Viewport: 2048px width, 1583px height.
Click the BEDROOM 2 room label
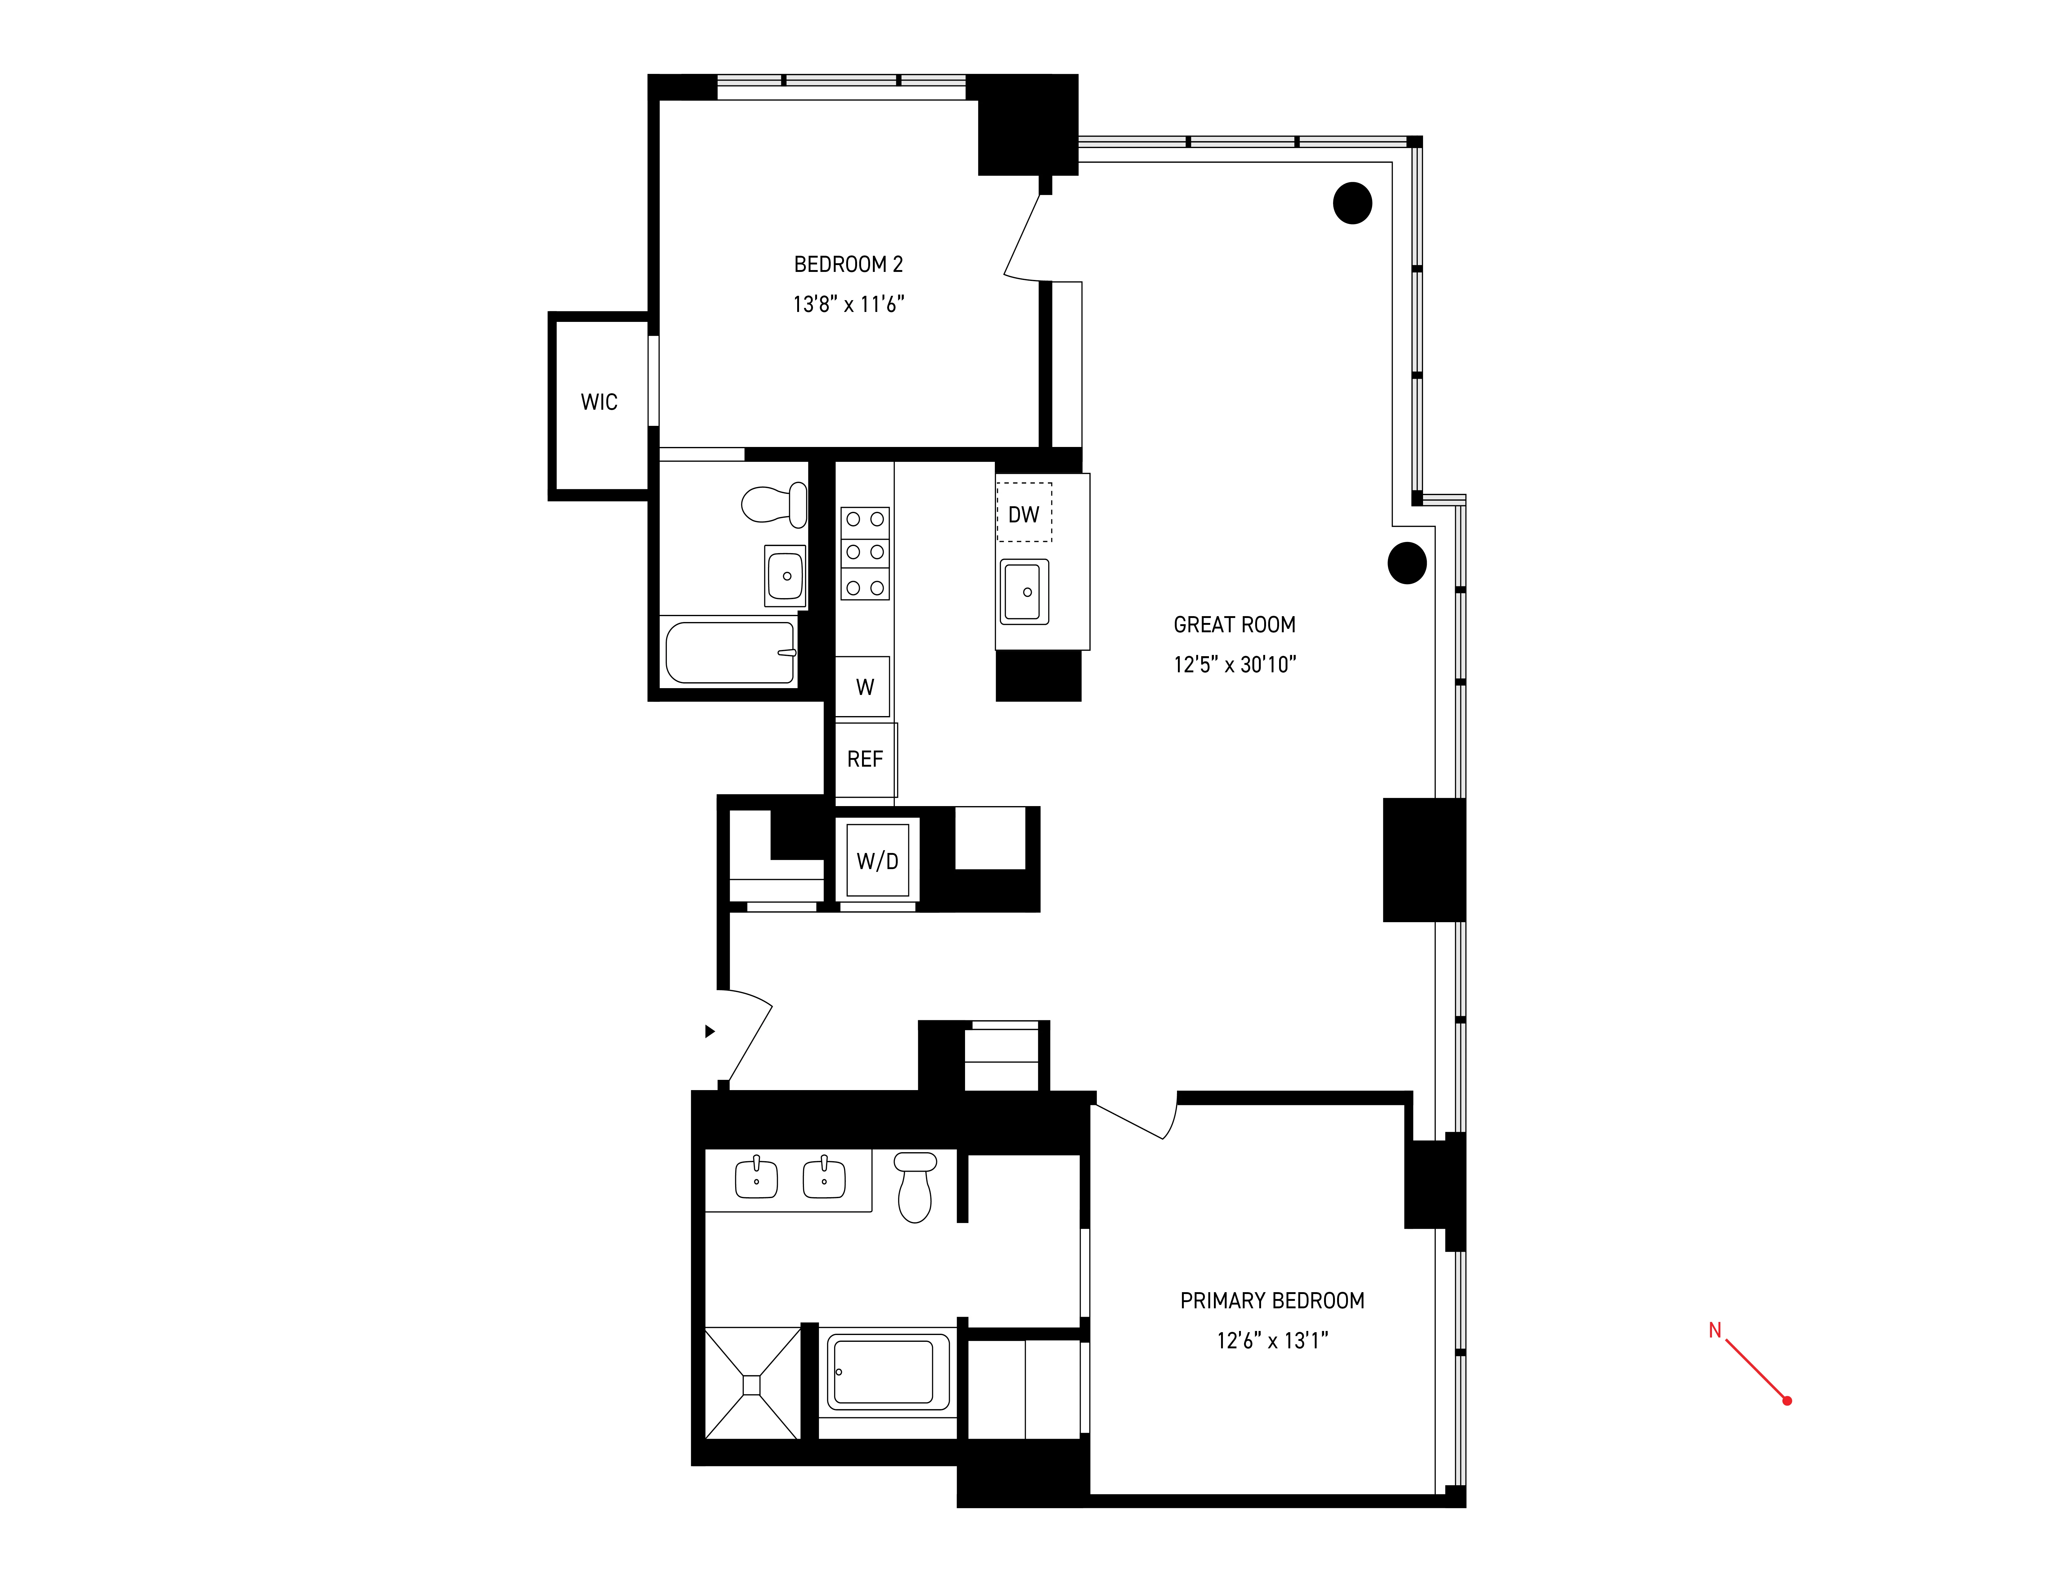tap(848, 264)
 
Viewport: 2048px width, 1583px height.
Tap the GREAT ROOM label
tap(1234, 625)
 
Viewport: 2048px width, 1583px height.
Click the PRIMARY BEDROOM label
tap(1272, 1301)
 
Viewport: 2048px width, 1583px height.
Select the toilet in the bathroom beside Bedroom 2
tap(775, 504)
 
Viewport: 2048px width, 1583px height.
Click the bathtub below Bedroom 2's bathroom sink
tap(730, 652)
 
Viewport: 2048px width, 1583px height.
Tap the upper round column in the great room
tap(1352, 203)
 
